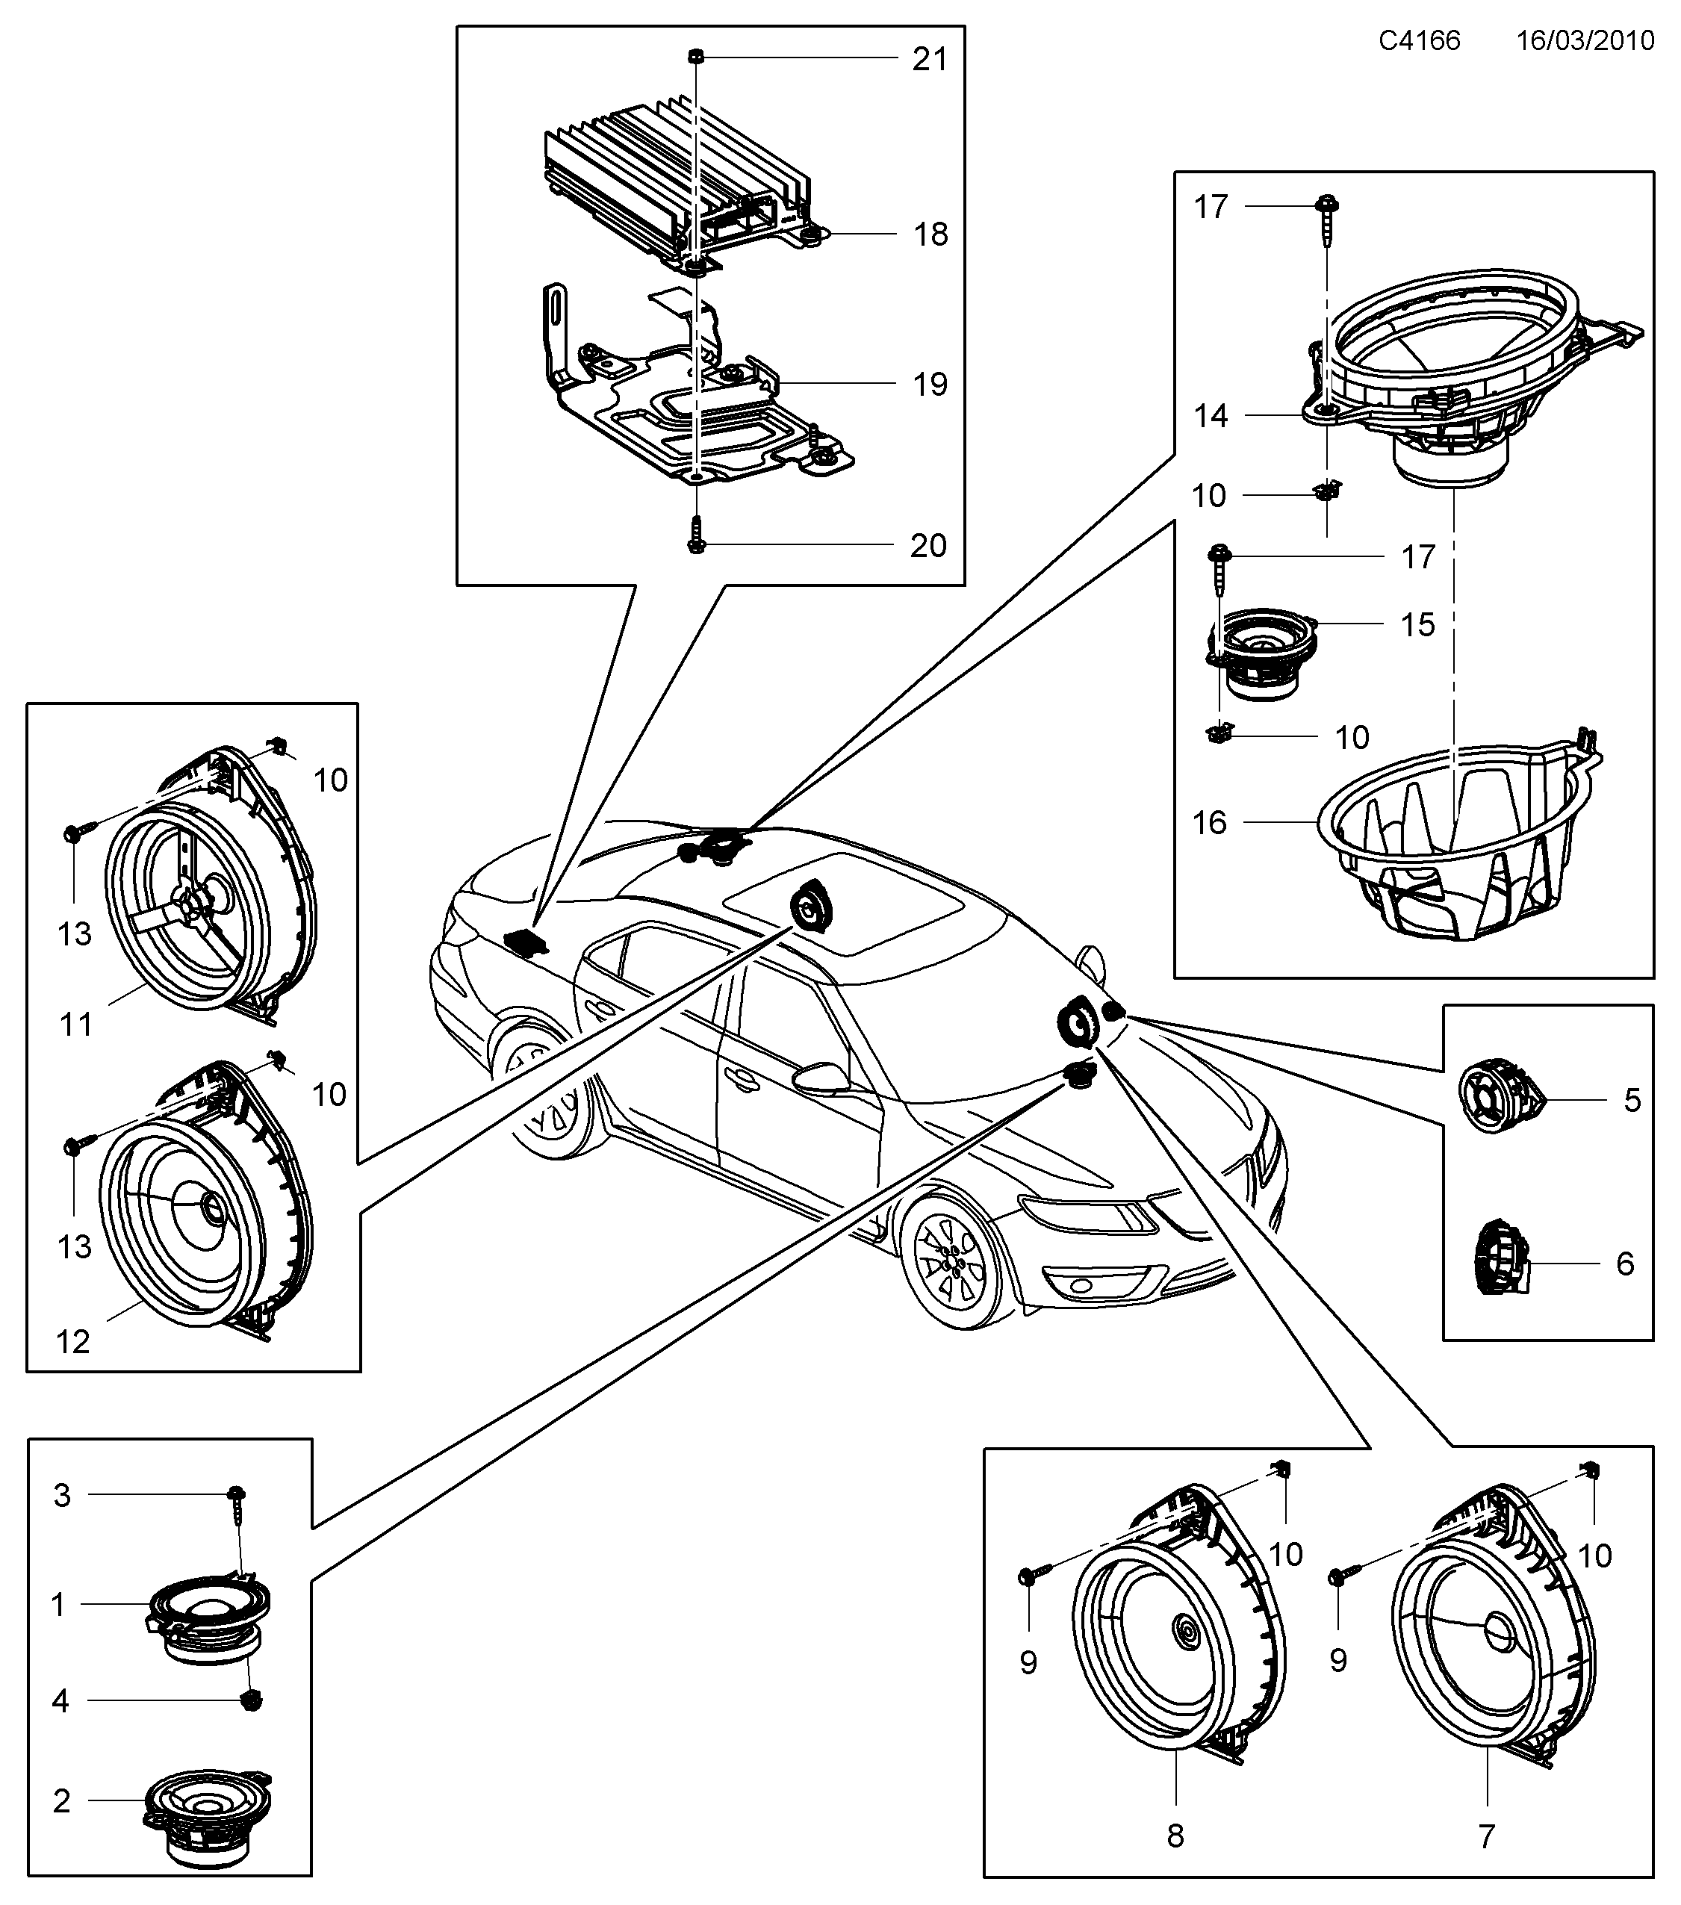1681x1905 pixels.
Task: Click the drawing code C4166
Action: pyautogui.click(x=1419, y=40)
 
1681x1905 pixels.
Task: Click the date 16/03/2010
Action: pyautogui.click(x=1585, y=40)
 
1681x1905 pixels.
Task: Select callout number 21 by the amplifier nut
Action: pyautogui.click(x=929, y=60)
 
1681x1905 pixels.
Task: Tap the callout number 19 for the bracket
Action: pyautogui.click(x=929, y=384)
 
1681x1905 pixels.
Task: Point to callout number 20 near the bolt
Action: pyautogui.click(x=928, y=546)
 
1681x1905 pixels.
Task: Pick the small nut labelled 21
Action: pyautogui.click(x=696, y=57)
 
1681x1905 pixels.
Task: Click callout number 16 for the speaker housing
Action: pyautogui.click(x=1210, y=823)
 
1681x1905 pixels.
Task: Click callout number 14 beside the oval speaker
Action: pyautogui.click(x=1211, y=416)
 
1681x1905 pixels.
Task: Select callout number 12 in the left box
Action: pyautogui.click(x=72, y=1342)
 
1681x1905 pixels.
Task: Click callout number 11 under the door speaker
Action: pyautogui.click(x=76, y=1025)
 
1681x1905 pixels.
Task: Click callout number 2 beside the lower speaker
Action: pyautogui.click(x=61, y=1800)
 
